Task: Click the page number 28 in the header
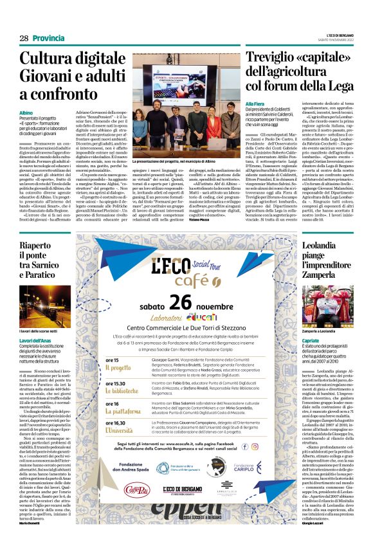tap(23, 38)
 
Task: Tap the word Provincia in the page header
tap(49, 38)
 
